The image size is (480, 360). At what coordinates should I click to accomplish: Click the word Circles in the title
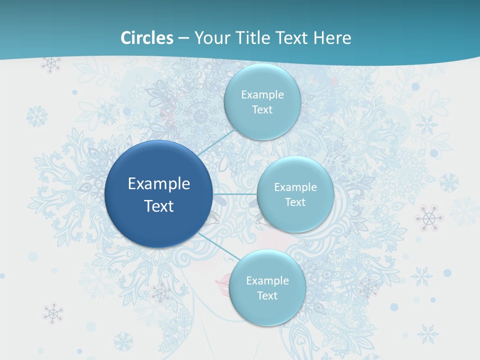pos(147,38)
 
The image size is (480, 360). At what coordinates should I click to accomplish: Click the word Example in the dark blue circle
pos(159,184)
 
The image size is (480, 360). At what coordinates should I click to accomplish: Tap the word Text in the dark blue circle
pos(159,206)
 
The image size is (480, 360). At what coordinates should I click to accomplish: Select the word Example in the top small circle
pos(262,95)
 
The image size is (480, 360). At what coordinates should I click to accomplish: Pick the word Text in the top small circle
pos(262,110)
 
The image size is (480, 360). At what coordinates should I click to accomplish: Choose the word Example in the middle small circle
pos(295,187)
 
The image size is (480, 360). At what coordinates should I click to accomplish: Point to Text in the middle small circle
pos(295,202)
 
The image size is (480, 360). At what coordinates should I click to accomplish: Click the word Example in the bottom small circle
pos(267,281)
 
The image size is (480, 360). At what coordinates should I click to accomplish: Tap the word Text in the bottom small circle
pos(267,296)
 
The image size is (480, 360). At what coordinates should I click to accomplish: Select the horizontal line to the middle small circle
pos(235,194)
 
